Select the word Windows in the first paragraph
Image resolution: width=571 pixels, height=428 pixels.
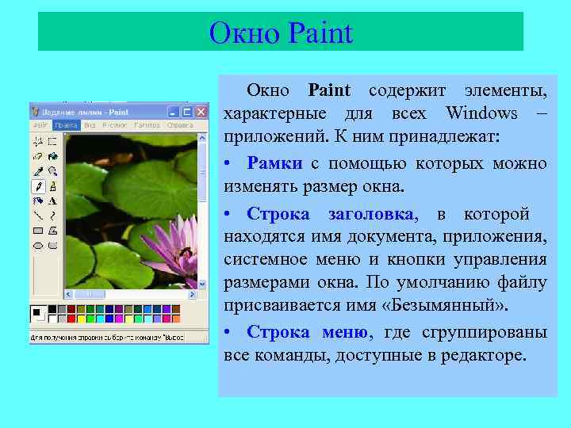tap(481, 113)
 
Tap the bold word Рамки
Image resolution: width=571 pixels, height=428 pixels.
tap(274, 164)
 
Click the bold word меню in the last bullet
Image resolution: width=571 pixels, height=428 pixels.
tap(344, 332)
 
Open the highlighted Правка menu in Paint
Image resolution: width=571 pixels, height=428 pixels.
tap(66, 125)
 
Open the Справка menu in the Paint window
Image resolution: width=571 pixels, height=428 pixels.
tap(180, 125)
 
